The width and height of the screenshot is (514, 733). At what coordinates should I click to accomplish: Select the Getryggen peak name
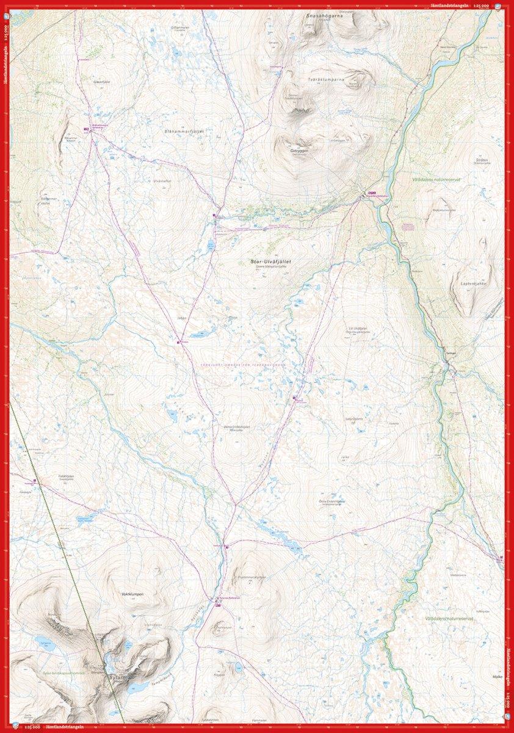point(300,150)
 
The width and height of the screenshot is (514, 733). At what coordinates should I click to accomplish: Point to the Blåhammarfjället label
point(183,131)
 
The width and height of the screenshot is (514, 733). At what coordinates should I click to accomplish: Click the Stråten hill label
point(482,160)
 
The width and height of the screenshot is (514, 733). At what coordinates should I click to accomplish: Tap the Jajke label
point(344,455)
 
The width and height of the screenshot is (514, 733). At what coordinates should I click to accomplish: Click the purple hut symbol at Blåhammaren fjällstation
point(87,129)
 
